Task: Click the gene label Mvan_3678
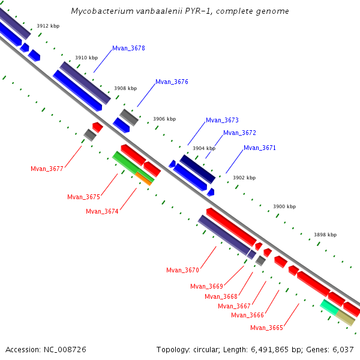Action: [128, 48]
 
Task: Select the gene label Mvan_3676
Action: [172, 82]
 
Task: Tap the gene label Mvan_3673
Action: [222, 120]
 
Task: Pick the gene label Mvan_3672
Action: [239, 133]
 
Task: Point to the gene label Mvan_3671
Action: [260, 148]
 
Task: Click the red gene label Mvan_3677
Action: [47, 169]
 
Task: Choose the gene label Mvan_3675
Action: [83, 197]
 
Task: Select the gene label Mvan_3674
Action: [102, 211]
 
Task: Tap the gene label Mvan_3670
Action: [182, 270]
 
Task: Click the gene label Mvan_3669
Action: [206, 286]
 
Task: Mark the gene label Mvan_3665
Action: [266, 328]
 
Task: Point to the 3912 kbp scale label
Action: [47, 26]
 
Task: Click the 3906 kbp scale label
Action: [164, 119]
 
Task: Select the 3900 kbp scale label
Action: [284, 206]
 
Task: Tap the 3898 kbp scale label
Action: [325, 235]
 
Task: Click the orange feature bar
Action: [144, 178]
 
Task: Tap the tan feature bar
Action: [346, 318]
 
